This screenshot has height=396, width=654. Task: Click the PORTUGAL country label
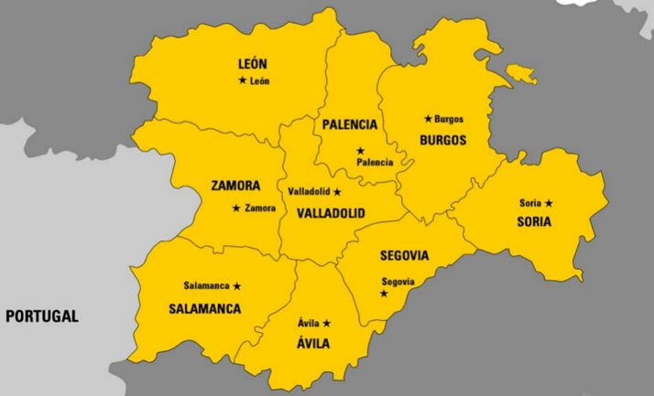pos(42,316)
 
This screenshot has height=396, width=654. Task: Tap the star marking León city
pos(242,80)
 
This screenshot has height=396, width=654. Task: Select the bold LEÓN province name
pos(252,64)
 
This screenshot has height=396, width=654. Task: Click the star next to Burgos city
pos(428,119)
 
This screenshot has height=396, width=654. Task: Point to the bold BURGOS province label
pos(442,141)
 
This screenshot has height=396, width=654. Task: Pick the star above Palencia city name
pos(360,150)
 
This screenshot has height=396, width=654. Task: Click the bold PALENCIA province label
pos(349,124)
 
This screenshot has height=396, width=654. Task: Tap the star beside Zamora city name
pos(236,209)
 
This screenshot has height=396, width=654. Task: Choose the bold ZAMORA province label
pos(235,186)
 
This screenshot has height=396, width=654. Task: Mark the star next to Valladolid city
pos(337,192)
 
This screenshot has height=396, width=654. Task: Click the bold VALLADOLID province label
pos(331,213)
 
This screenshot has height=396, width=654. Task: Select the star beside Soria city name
pos(550,202)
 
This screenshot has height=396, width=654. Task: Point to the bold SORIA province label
pos(534,222)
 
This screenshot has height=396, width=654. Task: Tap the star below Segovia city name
pos(384,294)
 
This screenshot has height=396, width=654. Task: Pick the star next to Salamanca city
pos(237,286)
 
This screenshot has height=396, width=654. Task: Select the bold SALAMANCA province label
pos(205,309)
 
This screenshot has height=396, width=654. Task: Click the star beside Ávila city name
pos(326,323)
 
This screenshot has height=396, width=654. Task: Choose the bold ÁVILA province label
pos(313,344)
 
